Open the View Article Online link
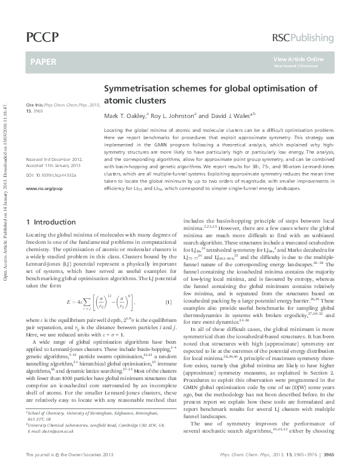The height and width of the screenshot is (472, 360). [x=298, y=59]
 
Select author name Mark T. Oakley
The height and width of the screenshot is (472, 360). [x=126, y=116]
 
